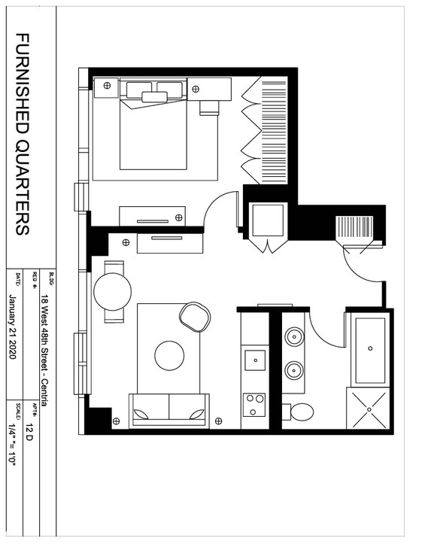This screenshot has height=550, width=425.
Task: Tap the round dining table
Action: [x=113, y=291]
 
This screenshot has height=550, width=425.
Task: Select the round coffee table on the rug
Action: [x=169, y=355]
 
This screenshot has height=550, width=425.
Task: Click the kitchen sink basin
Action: [x=255, y=360]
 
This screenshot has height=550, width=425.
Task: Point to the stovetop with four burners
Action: [x=254, y=405]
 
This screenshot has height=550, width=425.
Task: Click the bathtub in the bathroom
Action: [x=370, y=350]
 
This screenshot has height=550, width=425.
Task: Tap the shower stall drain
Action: [x=369, y=409]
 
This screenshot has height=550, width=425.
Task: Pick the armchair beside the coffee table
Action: [x=195, y=317]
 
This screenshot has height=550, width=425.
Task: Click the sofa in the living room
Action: [x=169, y=410]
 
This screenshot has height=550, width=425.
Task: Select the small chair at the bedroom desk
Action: [x=209, y=108]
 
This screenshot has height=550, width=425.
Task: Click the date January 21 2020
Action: [x=13, y=327]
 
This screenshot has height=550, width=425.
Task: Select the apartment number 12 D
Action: [x=29, y=432]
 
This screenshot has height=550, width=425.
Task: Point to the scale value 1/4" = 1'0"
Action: [x=13, y=445]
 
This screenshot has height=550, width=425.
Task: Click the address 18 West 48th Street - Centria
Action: [x=44, y=350]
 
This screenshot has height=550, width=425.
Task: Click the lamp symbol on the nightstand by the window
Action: [x=108, y=85]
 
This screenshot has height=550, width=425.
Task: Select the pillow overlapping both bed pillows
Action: [x=155, y=96]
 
